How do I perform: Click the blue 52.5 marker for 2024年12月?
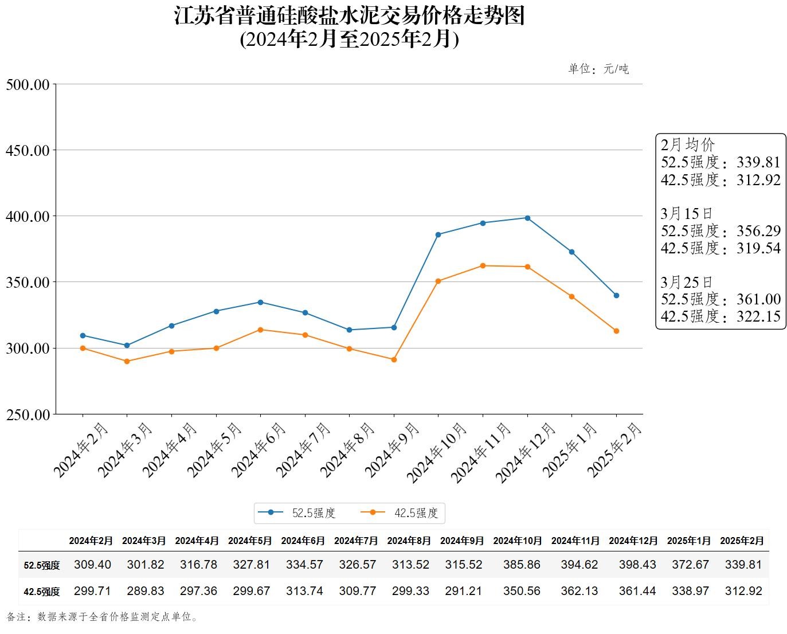[x=527, y=218]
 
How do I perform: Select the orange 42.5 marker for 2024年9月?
[x=394, y=359]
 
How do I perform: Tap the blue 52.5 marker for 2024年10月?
[x=438, y=234]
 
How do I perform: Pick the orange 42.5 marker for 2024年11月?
[x=483, y=265]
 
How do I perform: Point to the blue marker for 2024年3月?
[x=127, y=345]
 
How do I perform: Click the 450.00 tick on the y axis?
[x=28, y=150]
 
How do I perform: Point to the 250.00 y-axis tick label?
[x=28, y=414]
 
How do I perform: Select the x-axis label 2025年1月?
[x=570, y=450]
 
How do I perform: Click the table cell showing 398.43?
[x=637, y=565]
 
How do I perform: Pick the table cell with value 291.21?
[x=464, y=591]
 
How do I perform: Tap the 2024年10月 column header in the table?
[x=517, y=541]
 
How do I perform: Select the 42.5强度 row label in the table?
[x=42, y=592]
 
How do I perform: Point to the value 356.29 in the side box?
[x=759, y=231]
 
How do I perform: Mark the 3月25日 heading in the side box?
[x=686, y=282]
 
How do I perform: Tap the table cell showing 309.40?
[x=92, y=565]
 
